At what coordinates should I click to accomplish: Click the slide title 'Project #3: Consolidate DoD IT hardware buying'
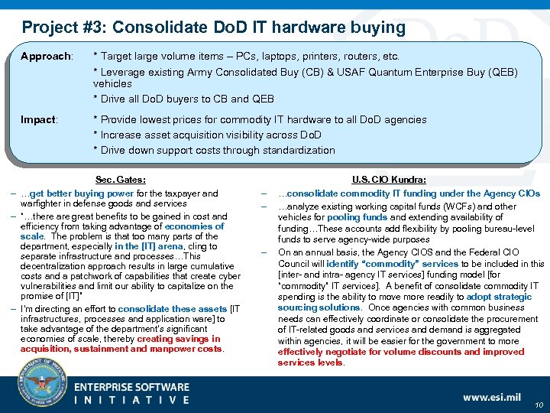pyautogui.click(x=214, y=28)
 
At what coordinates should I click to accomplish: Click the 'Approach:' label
pyautogui.click(x=47, y=57)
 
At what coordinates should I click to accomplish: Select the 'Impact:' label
pyautogui.click(x=39, y=120)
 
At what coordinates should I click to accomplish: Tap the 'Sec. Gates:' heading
pyautogui.click(x=121, y=180)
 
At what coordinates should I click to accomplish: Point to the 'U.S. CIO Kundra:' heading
pyautogui.click(x=389, y=180)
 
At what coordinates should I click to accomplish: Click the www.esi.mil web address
pyautogui.click(x=493, y=397)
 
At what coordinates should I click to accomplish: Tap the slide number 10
pyautogui.click(x=539, y=406)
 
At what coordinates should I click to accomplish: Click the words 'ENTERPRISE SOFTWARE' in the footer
pyautogui.click(x=131, y=388)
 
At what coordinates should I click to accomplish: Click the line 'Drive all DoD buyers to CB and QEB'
pyautogui.click(x=183, y=99)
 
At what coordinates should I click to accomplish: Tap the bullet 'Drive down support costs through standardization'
pyautogui.click(x=214, y=150)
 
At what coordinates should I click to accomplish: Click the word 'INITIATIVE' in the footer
pyautogui.click(x=131, y=400)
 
